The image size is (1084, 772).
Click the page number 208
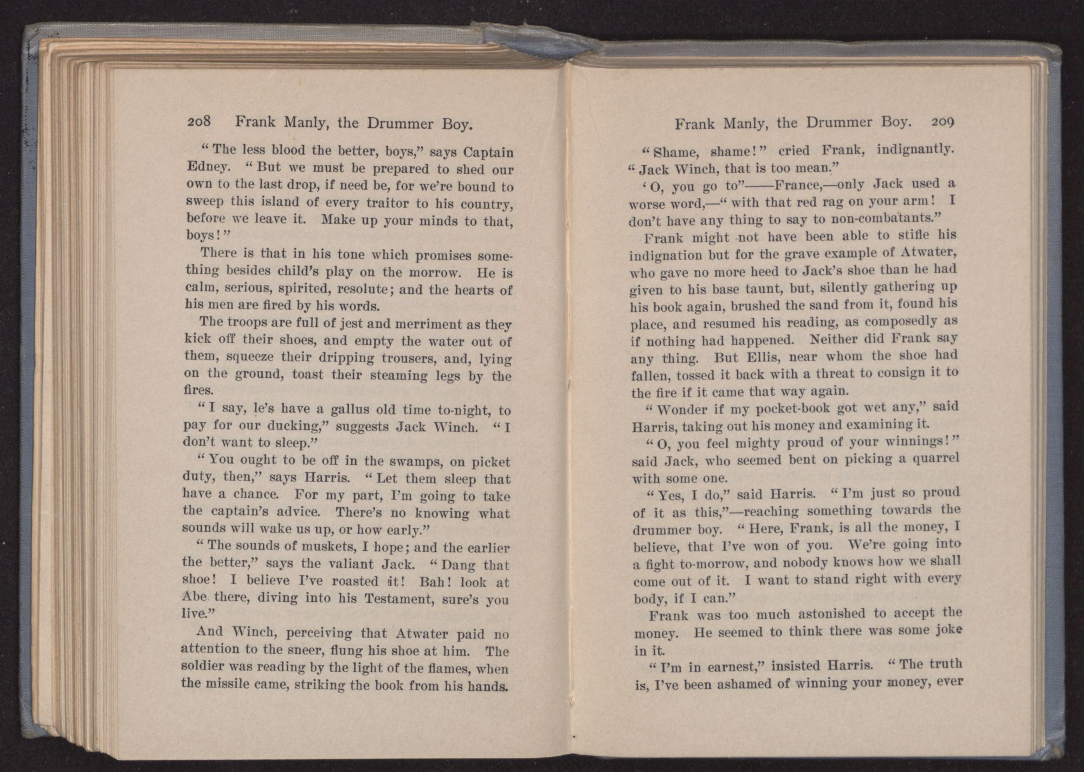tap(202, 122)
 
